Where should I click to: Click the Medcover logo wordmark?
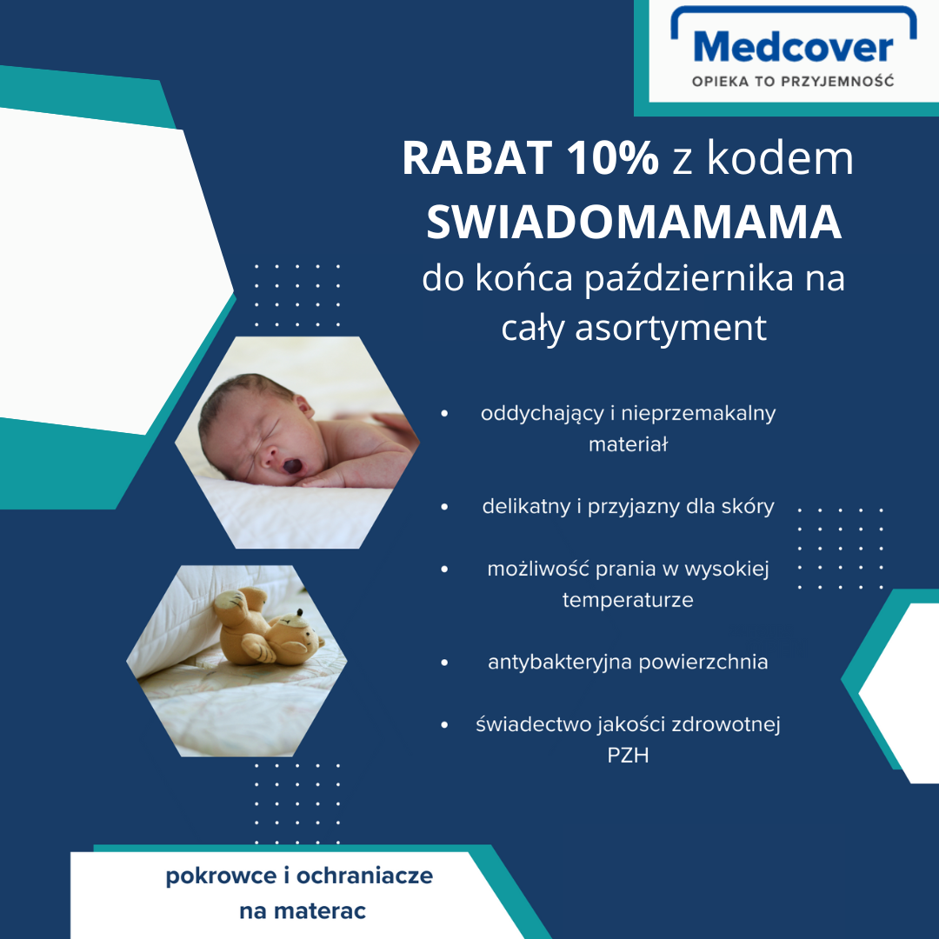point(794,47)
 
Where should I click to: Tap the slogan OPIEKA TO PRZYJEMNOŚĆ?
point(793,81)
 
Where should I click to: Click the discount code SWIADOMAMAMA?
point(634,222)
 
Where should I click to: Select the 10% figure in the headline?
point(613,158)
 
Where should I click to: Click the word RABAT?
point(477,158)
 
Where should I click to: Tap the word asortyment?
point(670,328)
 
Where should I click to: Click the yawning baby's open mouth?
point(292,465)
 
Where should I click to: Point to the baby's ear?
point(303,407)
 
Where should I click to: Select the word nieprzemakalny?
point(698,414)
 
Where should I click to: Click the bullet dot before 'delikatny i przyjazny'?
point(444,507)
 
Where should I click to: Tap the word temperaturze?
point(628,600)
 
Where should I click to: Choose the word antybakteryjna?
point(560,663)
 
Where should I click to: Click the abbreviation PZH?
point(628,756)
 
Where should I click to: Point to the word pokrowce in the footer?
point(221,876)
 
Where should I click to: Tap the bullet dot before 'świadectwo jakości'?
point(444,724)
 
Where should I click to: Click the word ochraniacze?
point(364,876)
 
